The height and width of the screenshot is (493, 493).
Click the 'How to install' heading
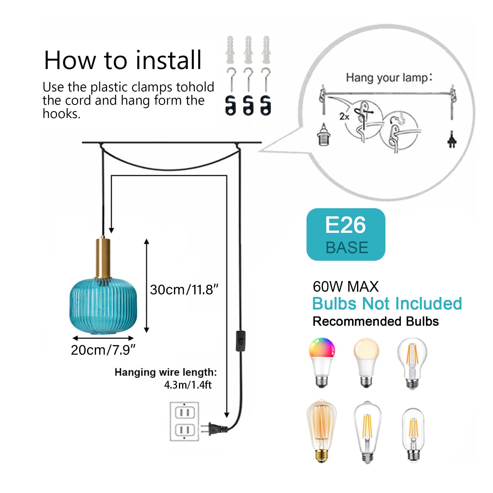pos(122,60)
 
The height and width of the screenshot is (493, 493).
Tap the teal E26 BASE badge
pos(346,234)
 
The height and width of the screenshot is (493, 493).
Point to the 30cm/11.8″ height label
pos(184,290)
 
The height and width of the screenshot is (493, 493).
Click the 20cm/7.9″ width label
pos(103,350)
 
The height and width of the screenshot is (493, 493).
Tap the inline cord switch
pos(240,341)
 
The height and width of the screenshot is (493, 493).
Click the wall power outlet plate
pos(184,421)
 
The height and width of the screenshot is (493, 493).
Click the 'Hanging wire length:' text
pos(166,372)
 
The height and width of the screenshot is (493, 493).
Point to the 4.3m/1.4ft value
pos(188,385)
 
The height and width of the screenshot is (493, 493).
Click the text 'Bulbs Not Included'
pos(387,304)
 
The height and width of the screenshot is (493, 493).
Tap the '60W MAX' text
pos(346,287)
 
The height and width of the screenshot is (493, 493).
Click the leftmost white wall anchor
pos(230,50)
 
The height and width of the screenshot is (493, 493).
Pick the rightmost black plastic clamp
pos(266,105)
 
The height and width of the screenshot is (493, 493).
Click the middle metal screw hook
pos(248,79)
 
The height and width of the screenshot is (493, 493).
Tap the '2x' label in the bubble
pos(344,117)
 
